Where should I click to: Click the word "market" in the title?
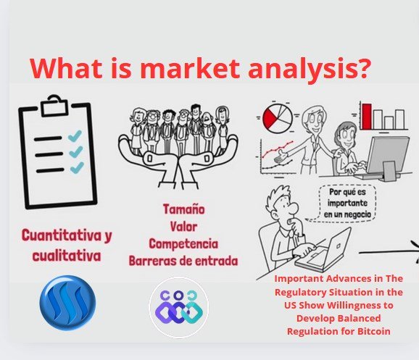[192, 68]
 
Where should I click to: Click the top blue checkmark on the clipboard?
[75, 135]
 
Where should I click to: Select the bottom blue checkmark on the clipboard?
[77, 167]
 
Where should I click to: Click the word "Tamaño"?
[184, 209]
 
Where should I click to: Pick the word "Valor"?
[184, 227]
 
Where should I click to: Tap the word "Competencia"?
[183, 244]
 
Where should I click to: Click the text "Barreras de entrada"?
[183, 261]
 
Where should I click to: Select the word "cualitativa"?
[67, 256]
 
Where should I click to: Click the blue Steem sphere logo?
[67, 303]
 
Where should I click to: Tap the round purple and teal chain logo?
[179, 307]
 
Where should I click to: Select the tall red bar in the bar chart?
[367, 117]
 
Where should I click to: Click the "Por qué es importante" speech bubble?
[347, 203]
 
